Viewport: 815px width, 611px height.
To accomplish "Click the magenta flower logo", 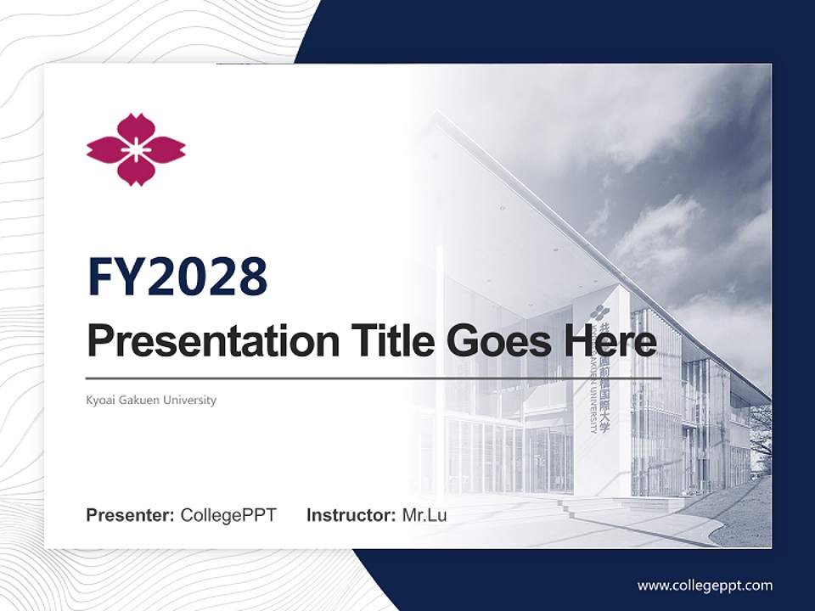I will click(136, 149).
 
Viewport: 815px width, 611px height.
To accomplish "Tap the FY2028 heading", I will click(177, 277).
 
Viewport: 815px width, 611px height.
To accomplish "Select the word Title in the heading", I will click(385, 341).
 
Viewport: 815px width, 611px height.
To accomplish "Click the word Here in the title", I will click(609, 341).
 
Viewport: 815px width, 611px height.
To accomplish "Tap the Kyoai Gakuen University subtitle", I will click(151, 400).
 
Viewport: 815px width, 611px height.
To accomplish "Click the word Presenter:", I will click(131, 515).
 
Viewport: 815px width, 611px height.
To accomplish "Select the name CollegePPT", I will click(228, 515).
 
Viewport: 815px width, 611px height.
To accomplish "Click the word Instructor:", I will click(351, 515).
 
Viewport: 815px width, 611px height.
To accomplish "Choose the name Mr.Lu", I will click(424, 515).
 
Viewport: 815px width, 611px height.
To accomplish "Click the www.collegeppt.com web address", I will click(705, 585).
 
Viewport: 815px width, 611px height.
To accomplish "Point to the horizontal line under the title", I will click(374, 378).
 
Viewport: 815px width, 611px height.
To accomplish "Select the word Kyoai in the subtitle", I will click(99, 400).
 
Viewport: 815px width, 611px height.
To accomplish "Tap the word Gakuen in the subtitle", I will click(140, 400).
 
